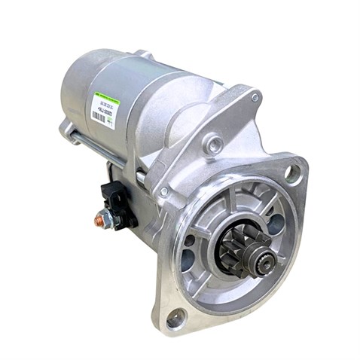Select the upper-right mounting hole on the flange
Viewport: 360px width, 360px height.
coord(289,172)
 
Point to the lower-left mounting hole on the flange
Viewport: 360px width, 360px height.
coord(175,320)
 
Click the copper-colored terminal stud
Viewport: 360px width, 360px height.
coord(100,220)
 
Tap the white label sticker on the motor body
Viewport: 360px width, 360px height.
coord(102,108)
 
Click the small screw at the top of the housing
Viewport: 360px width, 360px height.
coord(255,97)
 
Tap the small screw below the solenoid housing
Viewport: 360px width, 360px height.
coord(163,191)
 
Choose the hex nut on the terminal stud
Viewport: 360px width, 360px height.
coord(108,218)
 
